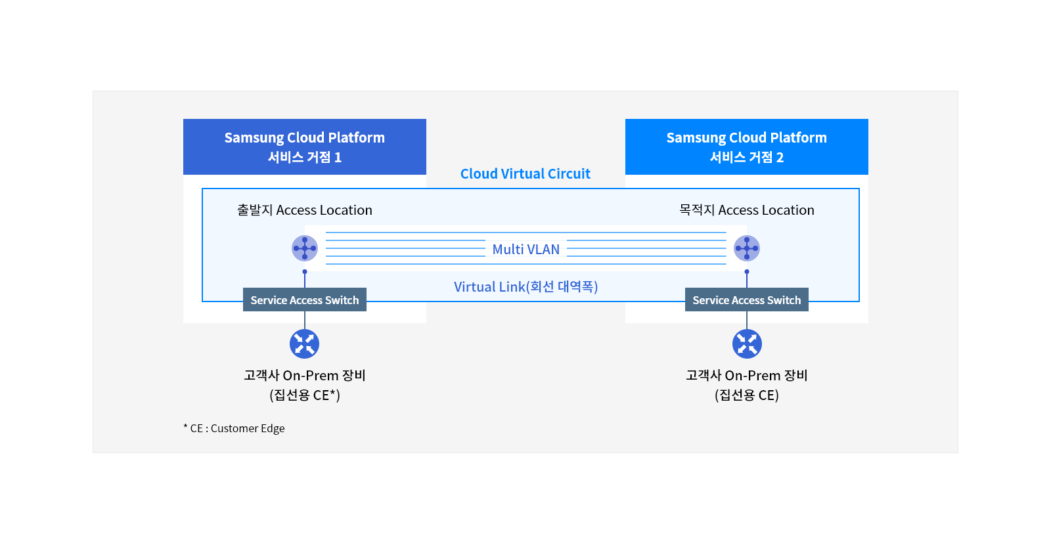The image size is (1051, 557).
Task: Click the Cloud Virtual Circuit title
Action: [x=525, y=174]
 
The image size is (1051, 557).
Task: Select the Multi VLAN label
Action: [x=525, y=250]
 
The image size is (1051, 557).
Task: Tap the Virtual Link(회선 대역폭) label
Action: [x=525, y=287]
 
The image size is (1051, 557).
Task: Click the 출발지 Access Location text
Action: [x=304, y=210]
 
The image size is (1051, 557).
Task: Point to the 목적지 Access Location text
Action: [x=746, y=210]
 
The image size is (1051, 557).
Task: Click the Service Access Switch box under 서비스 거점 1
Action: [x=305, y=300]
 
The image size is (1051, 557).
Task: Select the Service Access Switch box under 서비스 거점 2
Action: [x=747, y=300]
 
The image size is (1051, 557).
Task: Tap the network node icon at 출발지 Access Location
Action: [x=305, y=248]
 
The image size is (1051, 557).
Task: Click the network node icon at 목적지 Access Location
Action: [x=747, y=248]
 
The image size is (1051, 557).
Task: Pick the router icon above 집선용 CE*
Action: [x=305, y=344]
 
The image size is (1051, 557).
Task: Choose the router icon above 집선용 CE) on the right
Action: [x=747, y=344]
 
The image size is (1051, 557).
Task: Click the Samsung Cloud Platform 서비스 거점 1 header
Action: [x=305, y=146]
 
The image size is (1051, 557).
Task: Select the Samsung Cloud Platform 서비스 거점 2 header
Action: [x=747, y=146]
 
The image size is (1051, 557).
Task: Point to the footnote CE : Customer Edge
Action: [x=235, y=428]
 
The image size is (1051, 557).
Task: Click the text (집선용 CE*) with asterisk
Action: [x=305, y=395]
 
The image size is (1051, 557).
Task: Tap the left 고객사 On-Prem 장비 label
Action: [x=305, y=376]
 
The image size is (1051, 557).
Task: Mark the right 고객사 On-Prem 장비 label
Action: [x=747, y=376]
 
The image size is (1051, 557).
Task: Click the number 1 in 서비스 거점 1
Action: [x=338, y=158]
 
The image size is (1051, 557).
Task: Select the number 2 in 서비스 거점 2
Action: [x=780, y=158]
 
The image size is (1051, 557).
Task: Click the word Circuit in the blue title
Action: [x=569, y=174]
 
